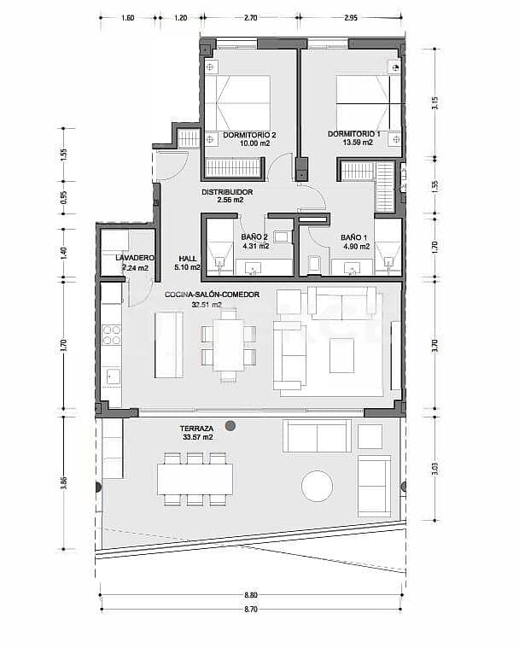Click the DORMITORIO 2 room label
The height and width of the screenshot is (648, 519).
pos(249,135)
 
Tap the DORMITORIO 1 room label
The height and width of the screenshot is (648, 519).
pos(353,133)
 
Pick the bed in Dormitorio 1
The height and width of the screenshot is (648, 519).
pos(367,102)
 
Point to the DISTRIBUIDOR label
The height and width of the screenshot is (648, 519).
pos(227,192)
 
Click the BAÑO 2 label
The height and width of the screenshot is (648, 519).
pos(255,236)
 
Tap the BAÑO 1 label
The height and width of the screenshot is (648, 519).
pos(354,236)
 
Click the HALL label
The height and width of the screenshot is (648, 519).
pos(188,258)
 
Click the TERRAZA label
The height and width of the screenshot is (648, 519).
pos(196,428)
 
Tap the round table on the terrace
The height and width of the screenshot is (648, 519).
pos(317,487)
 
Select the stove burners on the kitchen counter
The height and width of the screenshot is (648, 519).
pos(112,336)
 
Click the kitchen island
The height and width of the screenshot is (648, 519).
pos(168,345)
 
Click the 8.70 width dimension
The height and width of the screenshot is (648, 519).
pos(250,608)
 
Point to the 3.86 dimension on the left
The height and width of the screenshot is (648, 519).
pos(65,482)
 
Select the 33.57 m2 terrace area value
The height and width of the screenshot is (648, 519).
pos(197,437)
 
